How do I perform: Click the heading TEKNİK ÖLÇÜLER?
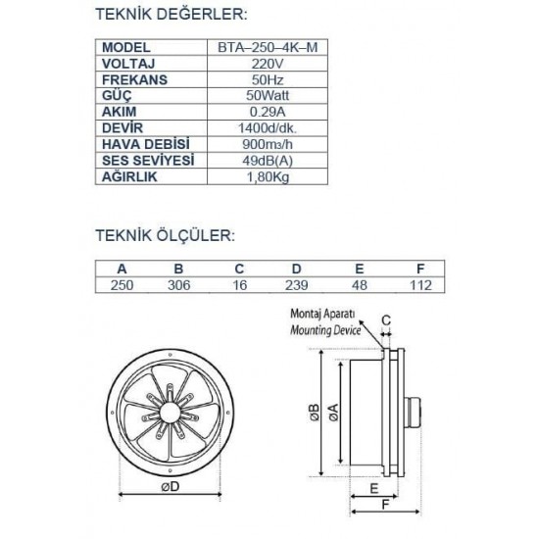[163, 236]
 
